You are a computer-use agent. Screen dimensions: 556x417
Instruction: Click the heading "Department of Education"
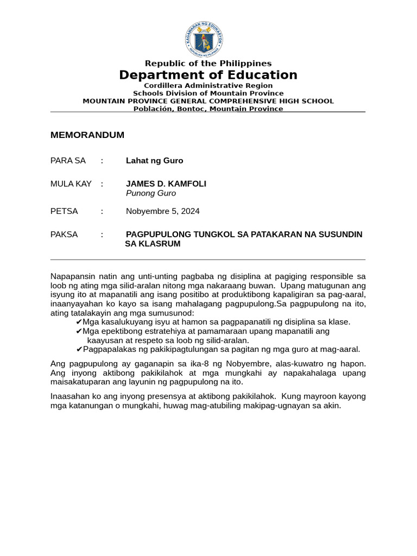[208, 75]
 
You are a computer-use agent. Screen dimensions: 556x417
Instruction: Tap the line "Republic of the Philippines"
[208, 64]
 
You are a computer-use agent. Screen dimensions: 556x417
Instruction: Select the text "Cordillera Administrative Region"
[208, 86]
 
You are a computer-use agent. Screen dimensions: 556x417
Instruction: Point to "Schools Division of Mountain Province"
[208, 93]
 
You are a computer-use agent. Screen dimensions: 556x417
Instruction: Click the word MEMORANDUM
[87, 135]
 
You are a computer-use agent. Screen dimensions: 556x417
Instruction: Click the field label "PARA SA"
[68, 161]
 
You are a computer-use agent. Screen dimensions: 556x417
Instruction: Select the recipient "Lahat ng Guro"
[155, 161]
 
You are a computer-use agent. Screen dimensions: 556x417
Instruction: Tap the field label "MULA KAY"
[71, 184]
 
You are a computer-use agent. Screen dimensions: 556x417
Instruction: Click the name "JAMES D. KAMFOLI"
[166, 184]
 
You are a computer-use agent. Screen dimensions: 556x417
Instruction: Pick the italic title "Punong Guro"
[151, 193]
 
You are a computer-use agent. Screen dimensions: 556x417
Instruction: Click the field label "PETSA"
[64, 211]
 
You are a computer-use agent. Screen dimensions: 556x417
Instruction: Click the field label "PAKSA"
[64, 235]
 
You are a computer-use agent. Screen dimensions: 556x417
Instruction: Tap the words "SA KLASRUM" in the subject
[153, 244]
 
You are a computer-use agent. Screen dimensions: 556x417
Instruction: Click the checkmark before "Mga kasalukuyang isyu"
[79, 322]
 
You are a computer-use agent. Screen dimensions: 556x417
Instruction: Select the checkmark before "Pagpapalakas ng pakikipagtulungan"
[79, 350]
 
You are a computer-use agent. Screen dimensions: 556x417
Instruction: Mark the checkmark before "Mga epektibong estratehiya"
[79, 331]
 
